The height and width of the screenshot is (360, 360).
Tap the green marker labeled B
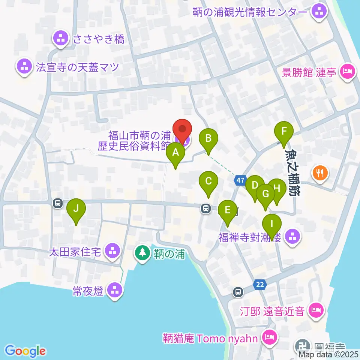[208, 139]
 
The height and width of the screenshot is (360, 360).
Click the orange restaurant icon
[320, 173]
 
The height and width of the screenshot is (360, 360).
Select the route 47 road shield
[240, 181]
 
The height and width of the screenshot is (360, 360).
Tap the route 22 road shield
[260, 285]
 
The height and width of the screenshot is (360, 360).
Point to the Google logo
[25, 351]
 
